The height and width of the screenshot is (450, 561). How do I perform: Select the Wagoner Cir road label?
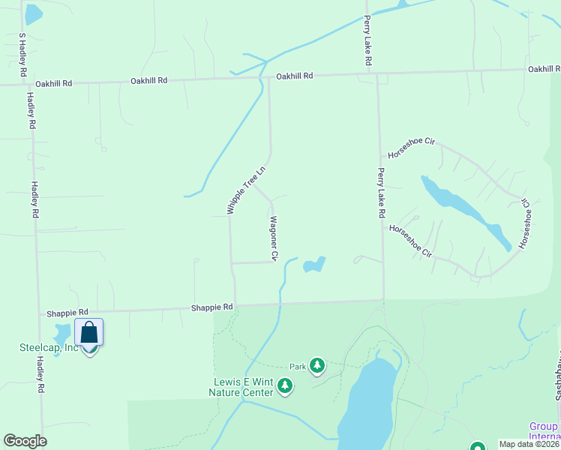[274, 238]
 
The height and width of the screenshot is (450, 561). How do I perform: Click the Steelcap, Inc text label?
[49, 347]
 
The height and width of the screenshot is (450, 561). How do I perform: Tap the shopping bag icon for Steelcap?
[88, 332]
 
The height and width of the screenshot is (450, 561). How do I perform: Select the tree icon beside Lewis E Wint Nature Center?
[285, 386]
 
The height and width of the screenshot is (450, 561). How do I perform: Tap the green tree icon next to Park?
[318, 365]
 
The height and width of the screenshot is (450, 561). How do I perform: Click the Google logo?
[25, 441]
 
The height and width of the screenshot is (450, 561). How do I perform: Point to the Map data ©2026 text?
[529, 444]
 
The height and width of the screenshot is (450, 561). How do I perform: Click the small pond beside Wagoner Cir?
[313, 265]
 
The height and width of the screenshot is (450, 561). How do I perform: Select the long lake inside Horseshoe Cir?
[465, 211]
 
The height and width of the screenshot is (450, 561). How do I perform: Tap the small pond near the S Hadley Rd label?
[33, 13]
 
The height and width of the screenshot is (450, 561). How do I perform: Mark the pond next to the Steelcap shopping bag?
[62, 334]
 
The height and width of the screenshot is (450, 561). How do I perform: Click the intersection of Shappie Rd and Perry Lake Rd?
[383, 301]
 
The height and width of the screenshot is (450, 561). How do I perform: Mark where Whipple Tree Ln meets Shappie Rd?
[235, 304]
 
